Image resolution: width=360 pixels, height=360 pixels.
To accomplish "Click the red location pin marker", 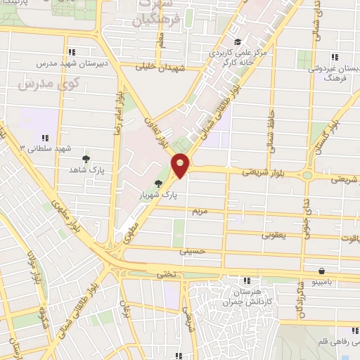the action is pyautogui.click(x=181, y=165).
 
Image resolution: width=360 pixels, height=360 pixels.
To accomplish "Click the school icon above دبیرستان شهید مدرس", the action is pyautogui.click(x=73, y=51).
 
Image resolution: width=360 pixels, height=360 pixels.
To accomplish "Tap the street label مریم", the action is pyautogui.click(x=200, y=211).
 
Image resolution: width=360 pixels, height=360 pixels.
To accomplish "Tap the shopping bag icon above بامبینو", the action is pyautogui.click(x=321, y=271).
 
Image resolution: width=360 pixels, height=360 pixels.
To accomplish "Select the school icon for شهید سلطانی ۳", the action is pyautogui.click(x=45, y=138).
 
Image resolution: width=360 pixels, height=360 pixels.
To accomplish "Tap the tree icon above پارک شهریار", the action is pyautogui.click(x=167, y=184).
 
